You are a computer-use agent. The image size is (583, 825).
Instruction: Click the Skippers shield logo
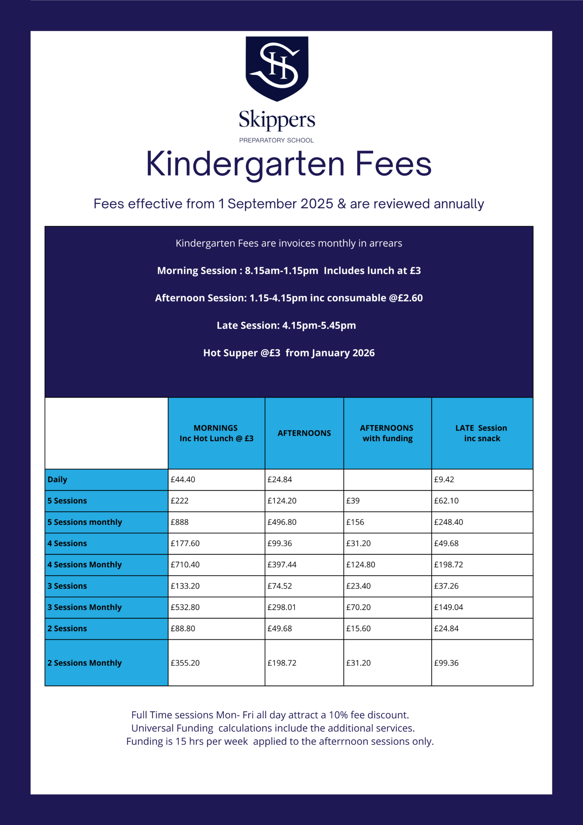point(277,68)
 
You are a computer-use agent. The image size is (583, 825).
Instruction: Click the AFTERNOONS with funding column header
point(387,433)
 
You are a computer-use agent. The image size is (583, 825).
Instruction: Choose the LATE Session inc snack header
point(482,433)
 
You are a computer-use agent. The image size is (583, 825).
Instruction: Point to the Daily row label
point(58,479)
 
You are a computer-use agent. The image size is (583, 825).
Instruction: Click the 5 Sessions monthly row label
point(85,522)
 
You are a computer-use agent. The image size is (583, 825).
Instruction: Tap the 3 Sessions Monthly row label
point(85,607)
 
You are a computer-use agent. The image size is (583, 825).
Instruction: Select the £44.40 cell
point(183,479)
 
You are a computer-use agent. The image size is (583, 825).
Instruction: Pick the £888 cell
point(180,522)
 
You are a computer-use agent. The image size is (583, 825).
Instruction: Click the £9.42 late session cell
point(444,479)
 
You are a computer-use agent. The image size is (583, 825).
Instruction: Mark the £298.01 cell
point(282,607)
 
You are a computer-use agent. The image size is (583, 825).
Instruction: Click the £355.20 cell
point(185,663)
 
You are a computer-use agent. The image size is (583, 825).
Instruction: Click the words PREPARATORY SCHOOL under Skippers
point(277,140)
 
